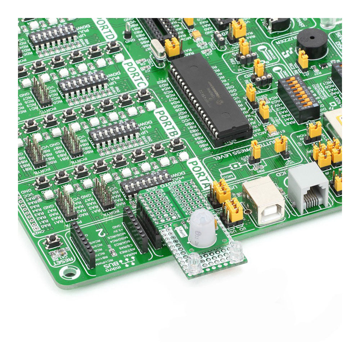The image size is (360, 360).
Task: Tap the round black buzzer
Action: tap(312, 43)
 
